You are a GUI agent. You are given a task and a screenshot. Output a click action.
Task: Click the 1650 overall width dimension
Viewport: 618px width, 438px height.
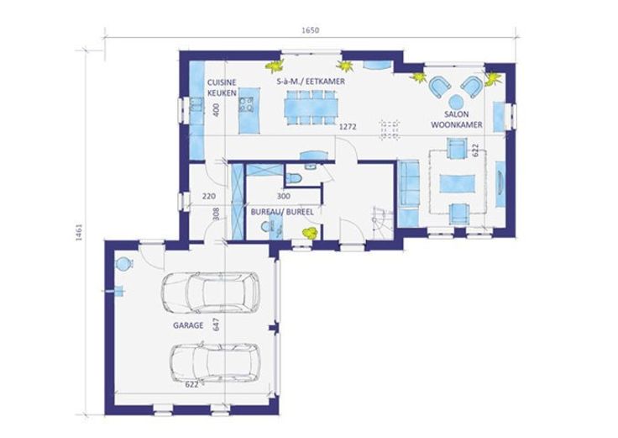pos(310,30)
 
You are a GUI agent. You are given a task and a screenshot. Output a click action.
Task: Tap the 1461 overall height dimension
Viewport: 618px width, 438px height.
pos(78,232)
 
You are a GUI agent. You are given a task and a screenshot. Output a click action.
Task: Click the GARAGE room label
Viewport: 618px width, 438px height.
pos(188,325)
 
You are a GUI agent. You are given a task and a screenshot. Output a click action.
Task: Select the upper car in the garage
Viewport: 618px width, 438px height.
pos(211,293)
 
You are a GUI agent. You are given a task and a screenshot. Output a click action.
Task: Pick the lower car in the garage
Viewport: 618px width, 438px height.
pos(215,362)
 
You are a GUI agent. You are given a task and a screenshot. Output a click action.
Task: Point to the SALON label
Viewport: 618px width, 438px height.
pos(457,114)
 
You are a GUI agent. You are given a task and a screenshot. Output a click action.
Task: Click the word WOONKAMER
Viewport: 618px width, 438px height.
pos(457,124)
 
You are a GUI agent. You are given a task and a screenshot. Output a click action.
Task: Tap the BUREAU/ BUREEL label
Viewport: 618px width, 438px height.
pos(282,213)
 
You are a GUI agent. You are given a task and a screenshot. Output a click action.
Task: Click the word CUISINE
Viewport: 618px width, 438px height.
pos(222,82)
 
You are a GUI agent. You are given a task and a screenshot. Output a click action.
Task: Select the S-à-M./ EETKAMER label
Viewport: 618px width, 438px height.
pos(311,82)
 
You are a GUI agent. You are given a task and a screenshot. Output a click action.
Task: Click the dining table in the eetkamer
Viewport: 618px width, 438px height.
pos(312,108)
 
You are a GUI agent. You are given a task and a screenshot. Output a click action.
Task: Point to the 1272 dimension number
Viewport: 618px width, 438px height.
pos(348,127)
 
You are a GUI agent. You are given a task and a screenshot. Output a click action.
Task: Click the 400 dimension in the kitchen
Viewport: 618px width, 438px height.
pos(216,109)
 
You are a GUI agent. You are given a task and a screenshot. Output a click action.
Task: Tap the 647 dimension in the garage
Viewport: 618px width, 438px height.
pos(216,324)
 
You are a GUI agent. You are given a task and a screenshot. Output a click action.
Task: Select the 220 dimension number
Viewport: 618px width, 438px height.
pos(209,196)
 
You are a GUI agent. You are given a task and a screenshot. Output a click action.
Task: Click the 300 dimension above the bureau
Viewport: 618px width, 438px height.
pos(283,196)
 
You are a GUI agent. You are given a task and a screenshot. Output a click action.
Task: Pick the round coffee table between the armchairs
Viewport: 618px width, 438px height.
pos(457,102)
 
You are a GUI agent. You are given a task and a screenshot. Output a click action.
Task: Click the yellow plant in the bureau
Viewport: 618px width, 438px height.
pos(310,232)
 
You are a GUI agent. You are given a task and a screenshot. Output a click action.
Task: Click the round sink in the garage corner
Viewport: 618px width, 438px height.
pos(123,263)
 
